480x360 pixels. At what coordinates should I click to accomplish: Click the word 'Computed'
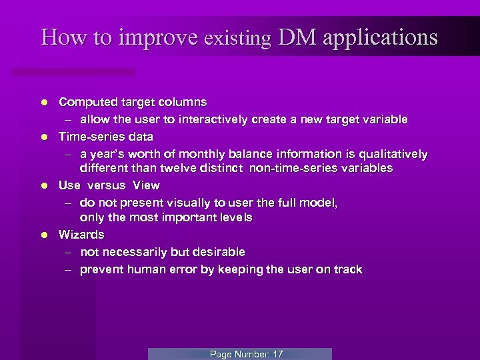85,103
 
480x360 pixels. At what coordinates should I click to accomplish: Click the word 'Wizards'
81,235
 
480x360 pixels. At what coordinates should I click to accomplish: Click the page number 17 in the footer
277,354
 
